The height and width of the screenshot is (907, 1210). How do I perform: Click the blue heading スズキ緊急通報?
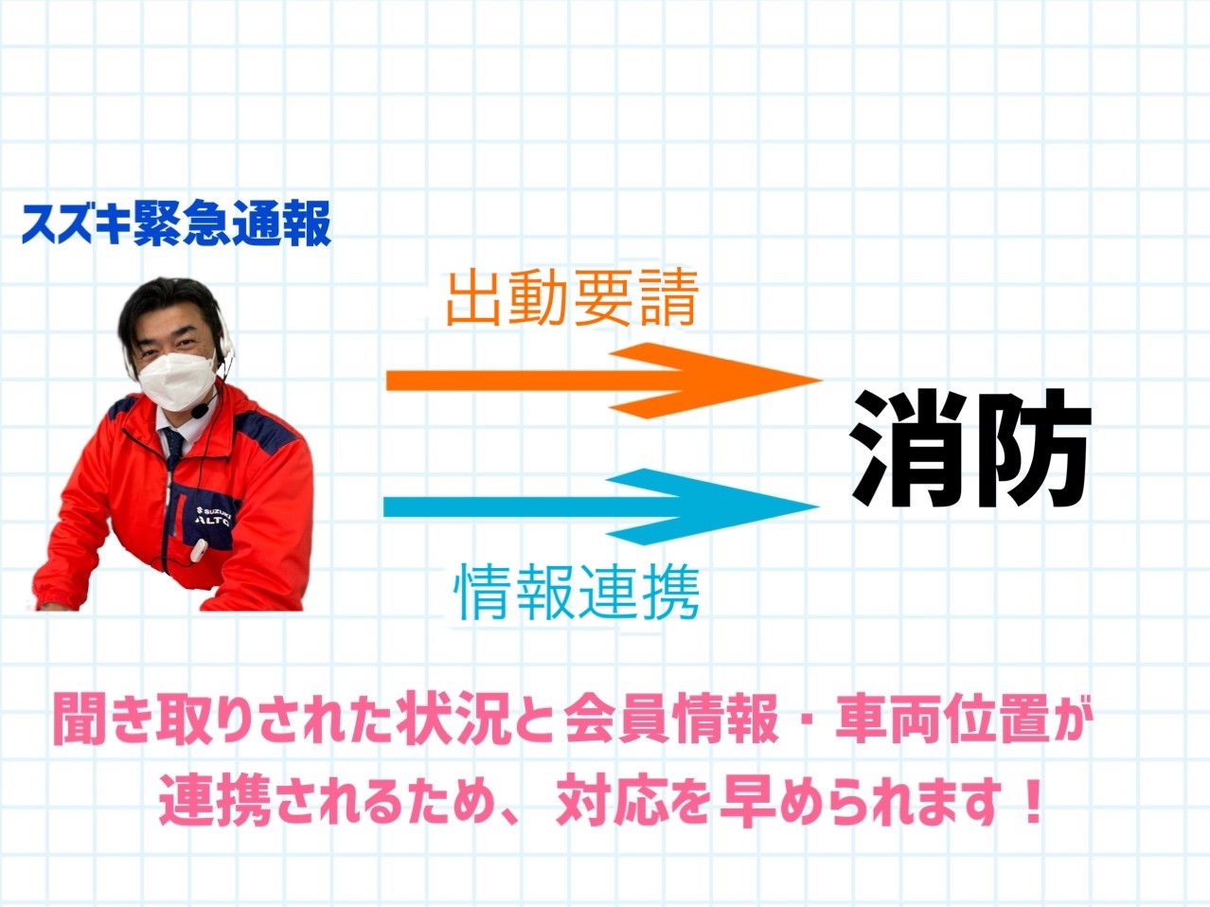point(176,222)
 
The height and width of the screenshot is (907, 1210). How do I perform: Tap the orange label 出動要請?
point(572,298)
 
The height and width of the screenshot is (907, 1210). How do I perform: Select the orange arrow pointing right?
point(604,381)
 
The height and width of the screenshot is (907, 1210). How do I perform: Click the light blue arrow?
point(601,507)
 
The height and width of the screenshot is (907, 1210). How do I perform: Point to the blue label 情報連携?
point(577,593)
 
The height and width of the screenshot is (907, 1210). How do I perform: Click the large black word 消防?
point(970,448)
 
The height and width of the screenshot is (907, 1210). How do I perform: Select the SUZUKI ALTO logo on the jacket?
point(217,515)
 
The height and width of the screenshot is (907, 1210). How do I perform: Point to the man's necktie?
point(172,446)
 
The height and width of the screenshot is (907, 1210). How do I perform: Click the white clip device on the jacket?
point(199,552)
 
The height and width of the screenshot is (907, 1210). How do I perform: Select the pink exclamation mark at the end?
point(1028,802)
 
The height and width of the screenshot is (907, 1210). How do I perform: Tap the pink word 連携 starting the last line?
point(216,802)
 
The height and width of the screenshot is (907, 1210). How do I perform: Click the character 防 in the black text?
point(1032,448)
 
